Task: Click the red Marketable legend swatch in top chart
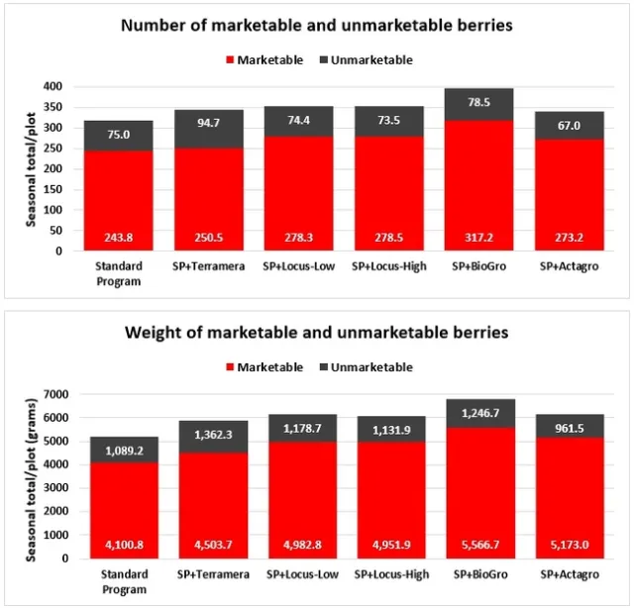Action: point(230,60)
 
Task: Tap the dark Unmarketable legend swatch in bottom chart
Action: point(324,368)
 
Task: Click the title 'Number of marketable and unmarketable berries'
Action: point(317,26)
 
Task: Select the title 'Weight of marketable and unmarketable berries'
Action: point(317,333)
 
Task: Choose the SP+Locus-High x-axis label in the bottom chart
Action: point(387,575)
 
